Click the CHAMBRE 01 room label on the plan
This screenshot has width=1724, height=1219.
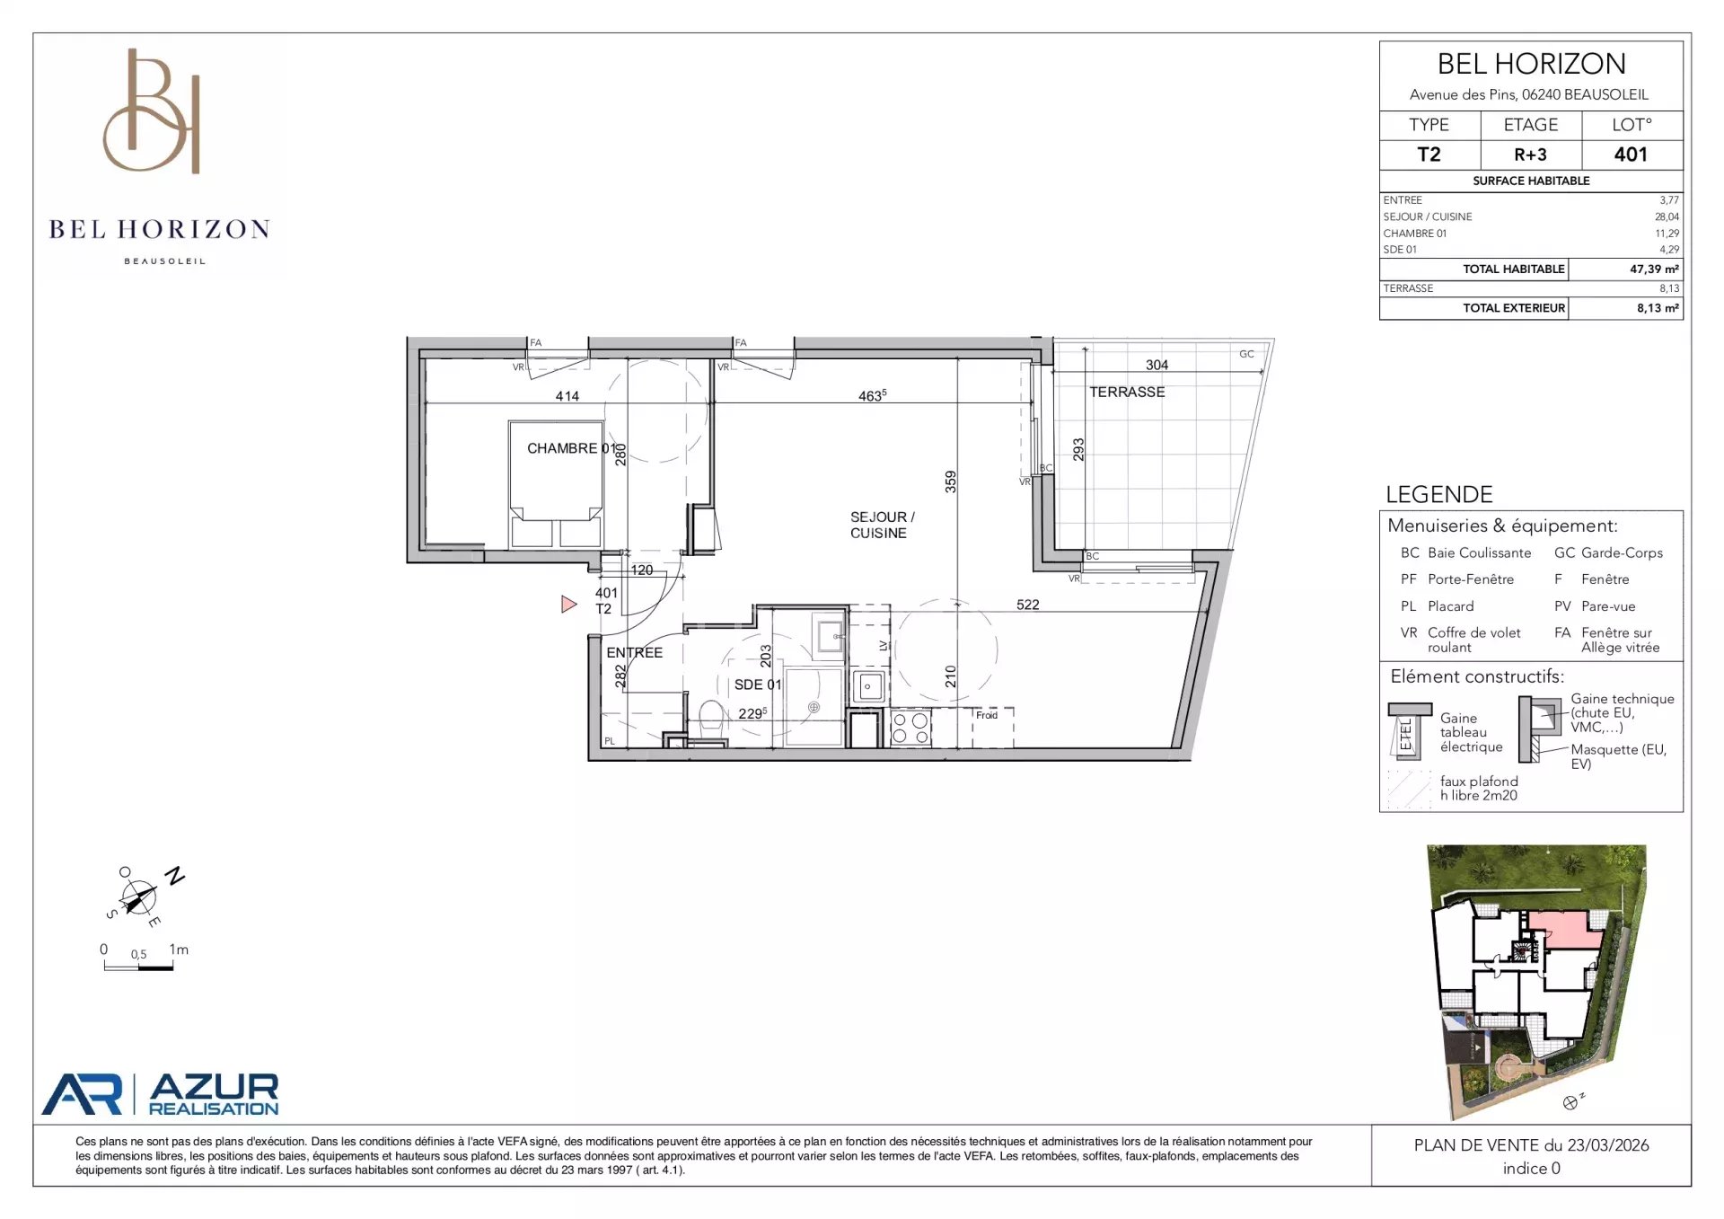pyautogui.click(x=572, y=448)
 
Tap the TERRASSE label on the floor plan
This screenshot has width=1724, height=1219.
pyautogui.click(x=1127, y=392)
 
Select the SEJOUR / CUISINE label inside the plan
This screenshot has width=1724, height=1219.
pyautogui.click(x=882, y=525)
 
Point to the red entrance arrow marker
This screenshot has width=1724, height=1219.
pyautogui.click(x=568, y=605)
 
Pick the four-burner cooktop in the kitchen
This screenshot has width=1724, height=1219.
pyautogui.click(x=910, y=729)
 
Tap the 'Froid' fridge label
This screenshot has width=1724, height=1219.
pyautogui.click(x=987, y=715)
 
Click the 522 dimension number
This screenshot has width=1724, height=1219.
pyautogui.click(x=1028, y=605)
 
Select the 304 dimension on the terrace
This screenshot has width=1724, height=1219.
pyautogui.click(x=1157, y=365)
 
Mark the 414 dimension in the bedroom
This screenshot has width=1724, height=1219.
pyautogui.click(x=567, y=396)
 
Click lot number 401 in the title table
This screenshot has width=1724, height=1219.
pyautogui.click(x=1631, y=155)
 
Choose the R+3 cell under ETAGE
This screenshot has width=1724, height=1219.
pyautogui.click(x=1530, y=155)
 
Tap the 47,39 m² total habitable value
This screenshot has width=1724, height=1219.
pyautogui.click(x=1654, y=269)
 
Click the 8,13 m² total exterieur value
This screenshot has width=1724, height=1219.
pyautogui.click(x=1658, y=308)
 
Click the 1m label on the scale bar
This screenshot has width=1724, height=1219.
pyautogui.click(x=179, y=950)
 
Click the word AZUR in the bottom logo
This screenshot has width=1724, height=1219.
pyautogui.click(x=214, y=1087)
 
